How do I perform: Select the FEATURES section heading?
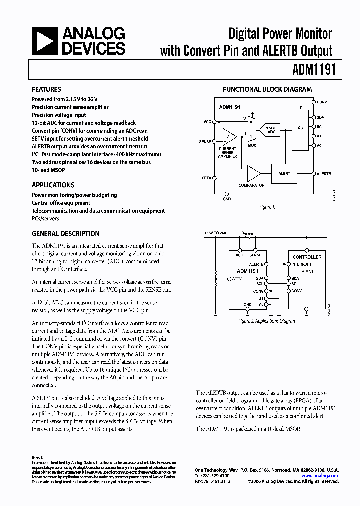click(x=46, y=90)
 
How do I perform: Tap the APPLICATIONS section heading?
click(x=53, y=185)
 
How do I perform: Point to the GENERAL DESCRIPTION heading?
click(x=65, y=233)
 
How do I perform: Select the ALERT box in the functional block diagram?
click(x=284, y=174)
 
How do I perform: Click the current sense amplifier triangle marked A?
click(x=229, y=136)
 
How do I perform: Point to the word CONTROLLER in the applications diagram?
click(x=307, y=257)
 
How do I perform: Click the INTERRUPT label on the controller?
click(x=302, y=264)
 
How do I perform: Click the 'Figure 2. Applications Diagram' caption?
click(x=267, y=322)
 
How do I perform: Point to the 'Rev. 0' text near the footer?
click(x=38, y=457)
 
